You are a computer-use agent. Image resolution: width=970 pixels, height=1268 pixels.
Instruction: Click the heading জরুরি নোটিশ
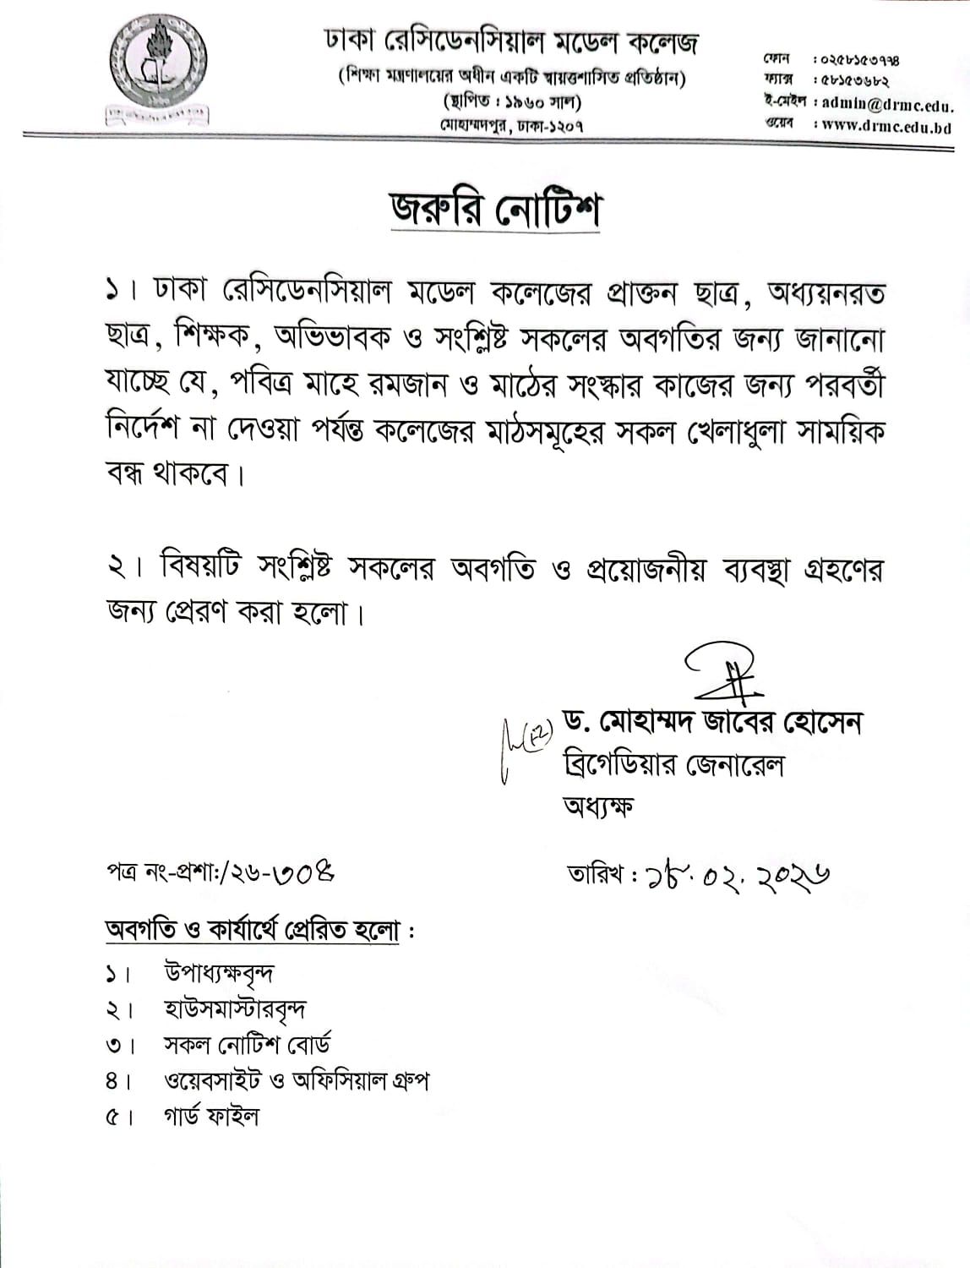click(495, 208)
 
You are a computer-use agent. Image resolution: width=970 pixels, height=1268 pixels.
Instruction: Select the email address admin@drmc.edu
click(886, 105)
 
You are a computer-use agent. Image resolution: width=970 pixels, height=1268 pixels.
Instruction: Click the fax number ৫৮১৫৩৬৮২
click(853, 82)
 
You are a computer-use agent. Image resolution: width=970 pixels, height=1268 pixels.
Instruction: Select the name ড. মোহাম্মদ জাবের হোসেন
click(712, 723)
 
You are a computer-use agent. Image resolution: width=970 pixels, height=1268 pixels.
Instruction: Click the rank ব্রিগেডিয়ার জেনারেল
click(673, 766)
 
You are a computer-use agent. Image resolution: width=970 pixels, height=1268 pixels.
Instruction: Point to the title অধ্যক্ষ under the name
click(598, 806)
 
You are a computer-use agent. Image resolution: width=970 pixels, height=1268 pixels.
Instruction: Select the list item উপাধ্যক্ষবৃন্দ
click(218, 973)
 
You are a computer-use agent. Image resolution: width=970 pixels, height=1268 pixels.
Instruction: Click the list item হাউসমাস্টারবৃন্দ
click(234, 1009)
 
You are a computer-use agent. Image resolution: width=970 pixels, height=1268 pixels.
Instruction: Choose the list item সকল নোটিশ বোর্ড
click(248, 1045)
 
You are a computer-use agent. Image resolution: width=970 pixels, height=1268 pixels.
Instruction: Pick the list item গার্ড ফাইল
click(211, 1117)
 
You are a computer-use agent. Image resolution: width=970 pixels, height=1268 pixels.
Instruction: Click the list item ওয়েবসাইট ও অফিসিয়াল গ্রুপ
click(296, 1080)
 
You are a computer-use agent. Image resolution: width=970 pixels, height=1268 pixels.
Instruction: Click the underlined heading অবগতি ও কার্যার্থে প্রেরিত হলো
click(252, 930)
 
